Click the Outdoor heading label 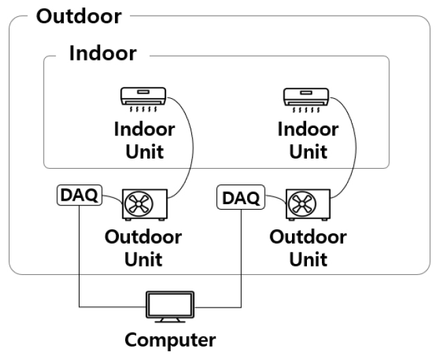coord(78,16)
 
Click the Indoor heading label coord(103,53)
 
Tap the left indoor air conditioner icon coord(144,95)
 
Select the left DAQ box coord(78,195)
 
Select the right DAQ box coord(240,198)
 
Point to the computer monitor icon coord(171,305)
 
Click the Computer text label coord(170,340)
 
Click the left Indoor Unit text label coord(144,140)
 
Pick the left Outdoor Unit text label coord(143,248)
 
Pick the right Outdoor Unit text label coord(308,248)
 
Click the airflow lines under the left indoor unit coord(144,108)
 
